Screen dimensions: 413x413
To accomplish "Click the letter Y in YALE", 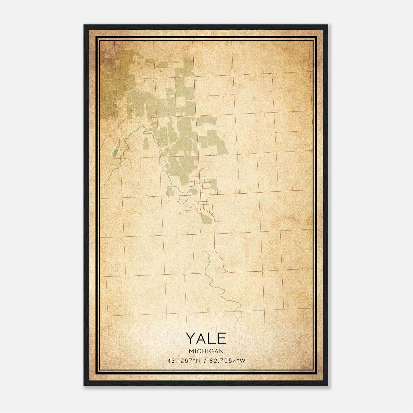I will point(191,338).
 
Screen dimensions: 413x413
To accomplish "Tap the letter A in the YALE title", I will point(202,338).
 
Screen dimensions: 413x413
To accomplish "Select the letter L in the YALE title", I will point(213,338).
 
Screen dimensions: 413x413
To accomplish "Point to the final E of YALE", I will point(222,338).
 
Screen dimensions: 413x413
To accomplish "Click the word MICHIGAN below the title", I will point(206,351).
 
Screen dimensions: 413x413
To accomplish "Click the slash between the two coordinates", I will point(205,361).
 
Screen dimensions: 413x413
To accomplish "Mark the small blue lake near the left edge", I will point(116,152).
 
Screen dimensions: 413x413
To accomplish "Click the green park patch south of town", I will point(206,219).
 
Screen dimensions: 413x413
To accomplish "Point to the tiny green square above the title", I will point(208,310).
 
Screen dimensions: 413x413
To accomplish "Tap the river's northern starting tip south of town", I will point(203,251).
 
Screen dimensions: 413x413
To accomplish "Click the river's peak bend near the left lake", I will point(141,127).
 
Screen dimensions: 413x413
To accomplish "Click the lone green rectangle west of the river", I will point(146,144).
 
